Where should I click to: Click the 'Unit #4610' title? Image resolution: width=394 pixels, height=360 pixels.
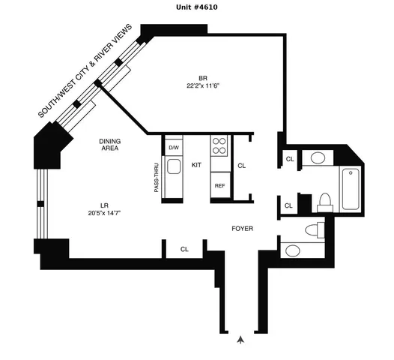click(196, 7)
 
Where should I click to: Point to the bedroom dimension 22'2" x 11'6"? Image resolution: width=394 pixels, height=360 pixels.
click(202, 86)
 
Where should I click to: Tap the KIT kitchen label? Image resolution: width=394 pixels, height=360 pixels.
click(197, 164)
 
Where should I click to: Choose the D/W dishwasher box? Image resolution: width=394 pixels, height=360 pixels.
click(173, 147)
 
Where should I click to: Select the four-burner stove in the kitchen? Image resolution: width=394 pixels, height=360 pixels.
click(220, 145)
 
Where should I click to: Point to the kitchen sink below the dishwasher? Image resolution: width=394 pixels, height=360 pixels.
click(173, 170)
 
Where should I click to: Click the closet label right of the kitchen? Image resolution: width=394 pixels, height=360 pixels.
click(241, 166)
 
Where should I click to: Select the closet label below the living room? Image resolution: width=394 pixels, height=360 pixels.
click(184, 249)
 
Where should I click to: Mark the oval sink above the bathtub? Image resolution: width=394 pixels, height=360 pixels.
click(318, 158)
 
